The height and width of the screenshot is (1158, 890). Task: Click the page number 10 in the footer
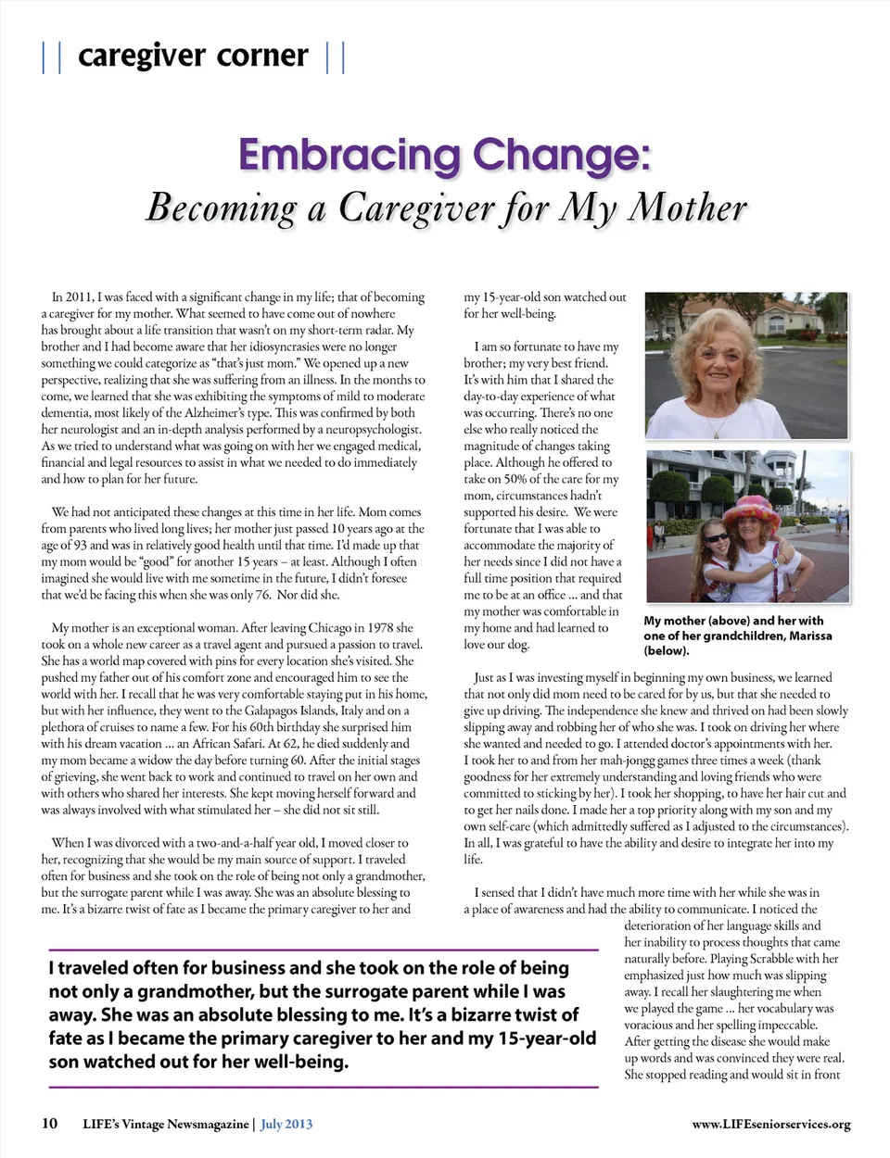(x=49, y=1124)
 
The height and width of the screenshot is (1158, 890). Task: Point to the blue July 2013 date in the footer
(x=286, y=1124)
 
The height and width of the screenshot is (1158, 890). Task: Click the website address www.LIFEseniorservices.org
(x=770, y=1124)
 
